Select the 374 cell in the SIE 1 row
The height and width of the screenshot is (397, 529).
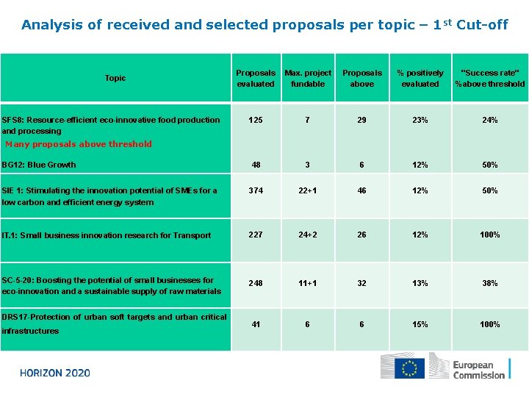256,190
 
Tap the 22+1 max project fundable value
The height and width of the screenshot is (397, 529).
308,190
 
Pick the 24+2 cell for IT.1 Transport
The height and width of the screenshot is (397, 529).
308,235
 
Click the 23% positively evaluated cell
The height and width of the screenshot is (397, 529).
420,120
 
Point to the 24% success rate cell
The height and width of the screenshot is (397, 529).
490,120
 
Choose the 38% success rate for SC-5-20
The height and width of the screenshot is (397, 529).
490,283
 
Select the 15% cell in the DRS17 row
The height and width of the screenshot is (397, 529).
420,324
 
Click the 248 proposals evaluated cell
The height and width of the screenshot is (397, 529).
256,283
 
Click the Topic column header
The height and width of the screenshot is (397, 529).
115,78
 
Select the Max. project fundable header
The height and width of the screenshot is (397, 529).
308,78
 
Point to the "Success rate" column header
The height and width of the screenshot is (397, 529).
490,78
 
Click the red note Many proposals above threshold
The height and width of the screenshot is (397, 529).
79,144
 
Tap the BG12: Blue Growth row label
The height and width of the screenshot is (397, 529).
39,165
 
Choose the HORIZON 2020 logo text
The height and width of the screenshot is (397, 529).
55,373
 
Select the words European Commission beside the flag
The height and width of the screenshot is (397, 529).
479,370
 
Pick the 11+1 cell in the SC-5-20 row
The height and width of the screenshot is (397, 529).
308,283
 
